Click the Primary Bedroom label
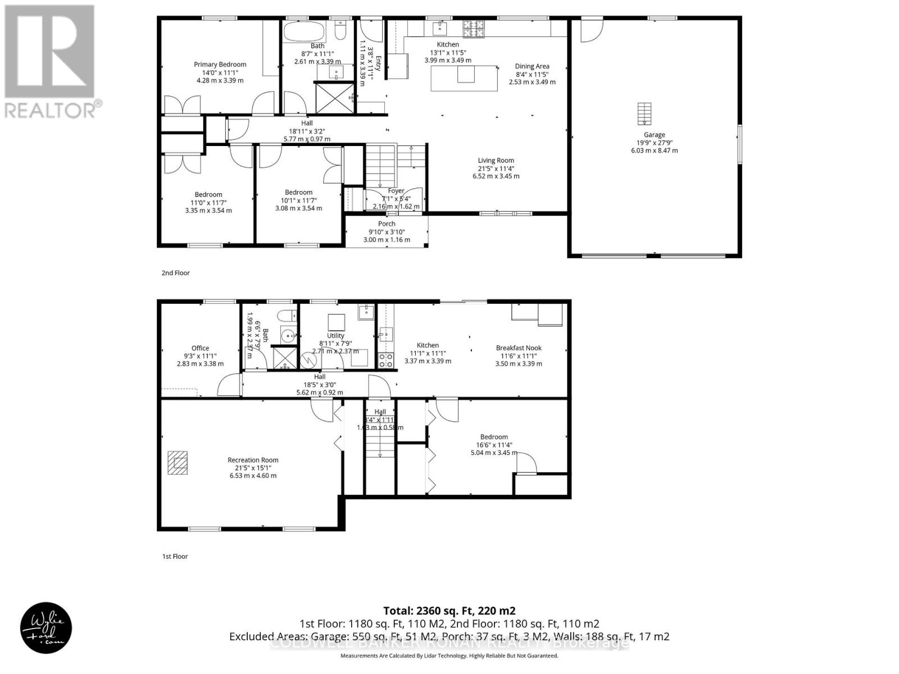[x=220, y=65]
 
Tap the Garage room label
[x=654, y=135]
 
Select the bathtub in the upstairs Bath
[x=303, y=31]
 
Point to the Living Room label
[x=496, y=160]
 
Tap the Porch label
[x=386, y=224]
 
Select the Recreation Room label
[x=253, y=460]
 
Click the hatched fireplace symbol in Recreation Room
[x=179, y=463]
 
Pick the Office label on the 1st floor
[x=200, y=348]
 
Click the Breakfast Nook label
[x=518, y=348]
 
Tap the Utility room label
[x=335, y=336]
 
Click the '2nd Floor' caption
[x=175, y=273]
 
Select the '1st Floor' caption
[x=175, y=557]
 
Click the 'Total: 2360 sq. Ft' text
[x=449, y=611]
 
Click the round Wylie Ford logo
[x=46, y=627]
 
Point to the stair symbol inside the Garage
[x=644, y=114]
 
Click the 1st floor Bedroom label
[x=494, y=437]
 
